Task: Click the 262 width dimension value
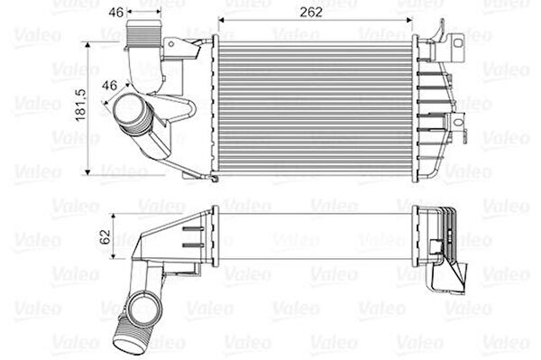pos(311,12)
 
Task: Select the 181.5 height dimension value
pos(81,106)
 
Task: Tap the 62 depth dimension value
pos(105,236)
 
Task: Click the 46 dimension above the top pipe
pos(116,13)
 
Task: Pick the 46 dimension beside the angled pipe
pos(109,85)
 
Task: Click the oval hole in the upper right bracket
pos(457,43)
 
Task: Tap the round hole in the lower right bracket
pos(458,122)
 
